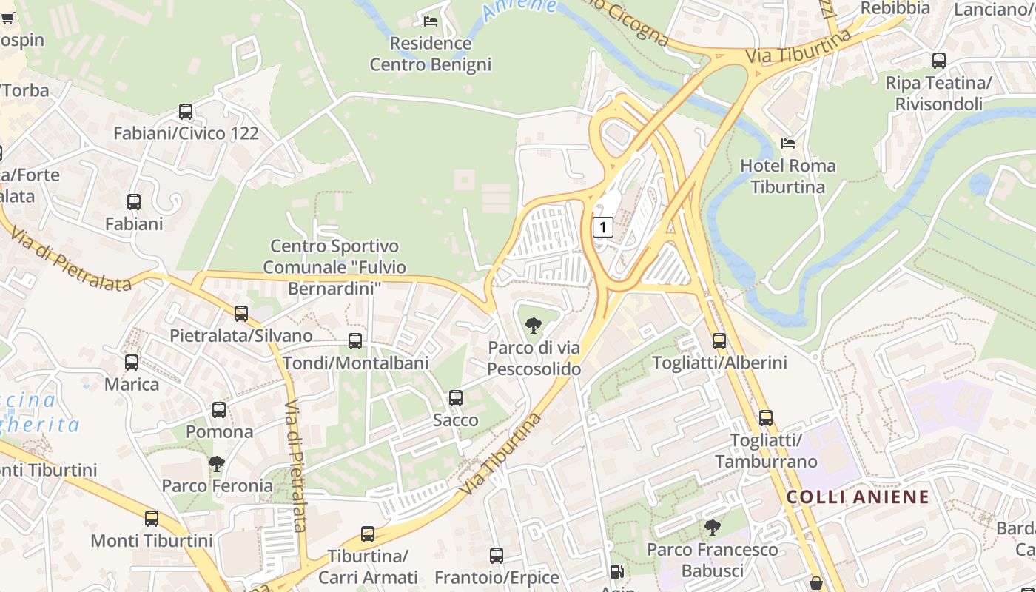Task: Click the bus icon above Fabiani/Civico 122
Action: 186,112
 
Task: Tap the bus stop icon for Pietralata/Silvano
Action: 241,314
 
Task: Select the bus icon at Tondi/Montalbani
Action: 355,341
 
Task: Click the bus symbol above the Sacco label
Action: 456,398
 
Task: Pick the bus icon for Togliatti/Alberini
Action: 719,341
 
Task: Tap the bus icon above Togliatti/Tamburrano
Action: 766,418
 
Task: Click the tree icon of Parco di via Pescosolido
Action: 533,326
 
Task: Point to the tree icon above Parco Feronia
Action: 217,464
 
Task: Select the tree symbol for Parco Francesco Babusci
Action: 712,528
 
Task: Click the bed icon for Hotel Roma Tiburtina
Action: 788,144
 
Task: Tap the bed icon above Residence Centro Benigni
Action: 431,21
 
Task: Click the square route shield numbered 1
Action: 603,226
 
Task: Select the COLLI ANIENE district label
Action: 858,497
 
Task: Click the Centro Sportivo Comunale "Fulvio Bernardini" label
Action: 334,267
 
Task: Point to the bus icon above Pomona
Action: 219,410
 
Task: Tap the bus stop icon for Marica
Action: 132,363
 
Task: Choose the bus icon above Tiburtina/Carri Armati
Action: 368,534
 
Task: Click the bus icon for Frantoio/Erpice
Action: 497,555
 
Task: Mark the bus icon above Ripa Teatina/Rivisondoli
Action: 939,61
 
